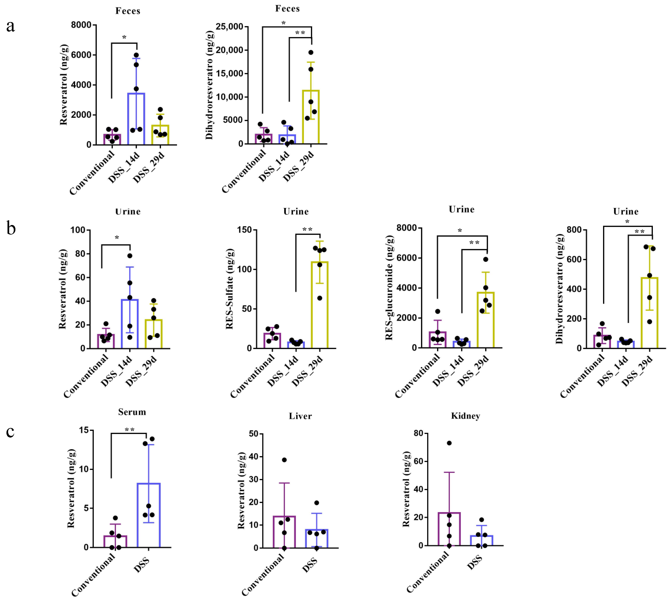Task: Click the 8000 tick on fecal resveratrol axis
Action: [x=81, y=25]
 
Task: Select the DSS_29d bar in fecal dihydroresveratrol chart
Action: [x=311, y=117]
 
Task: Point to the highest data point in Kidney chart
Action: [x=449, y=443]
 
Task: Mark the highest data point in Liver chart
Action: [x=284, y=460]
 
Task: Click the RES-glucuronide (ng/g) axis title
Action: [x=389, y=288]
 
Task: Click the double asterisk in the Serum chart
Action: [x=130, y=429]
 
